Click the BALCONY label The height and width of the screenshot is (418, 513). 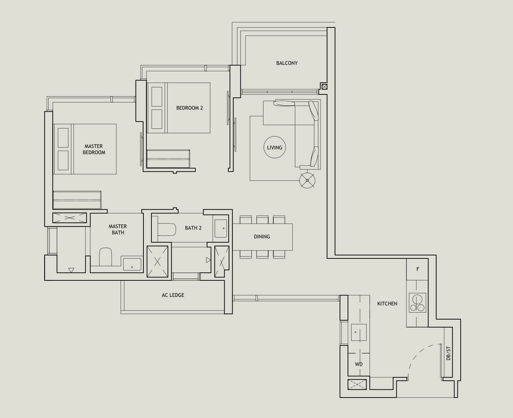point(287,63)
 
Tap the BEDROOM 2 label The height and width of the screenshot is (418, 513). point(190,108)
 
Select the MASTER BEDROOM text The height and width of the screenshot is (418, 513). point(94,149)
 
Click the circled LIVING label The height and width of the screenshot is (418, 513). point(274,148)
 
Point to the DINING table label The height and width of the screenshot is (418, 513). point(262,237)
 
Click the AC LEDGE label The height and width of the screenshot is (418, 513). point(173,295)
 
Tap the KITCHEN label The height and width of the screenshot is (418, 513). point(387,303)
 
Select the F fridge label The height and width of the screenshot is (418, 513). point(417,269)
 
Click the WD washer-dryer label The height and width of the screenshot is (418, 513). point(359,364)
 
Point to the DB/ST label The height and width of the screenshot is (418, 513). point(449,353)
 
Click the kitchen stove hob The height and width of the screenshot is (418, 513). point(417,303)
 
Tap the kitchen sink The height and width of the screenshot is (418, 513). point(359,332)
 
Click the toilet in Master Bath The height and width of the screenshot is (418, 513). point(106,257)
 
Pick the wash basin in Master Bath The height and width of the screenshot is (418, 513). point(132,264)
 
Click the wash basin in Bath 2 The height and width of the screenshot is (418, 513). point(221,228)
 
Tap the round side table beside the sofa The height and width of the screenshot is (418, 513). point(307,180)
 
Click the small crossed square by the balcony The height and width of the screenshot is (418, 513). point(324,87)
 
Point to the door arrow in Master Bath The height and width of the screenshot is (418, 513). point(71,270)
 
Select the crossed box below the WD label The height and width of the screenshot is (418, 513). point(357,384)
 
